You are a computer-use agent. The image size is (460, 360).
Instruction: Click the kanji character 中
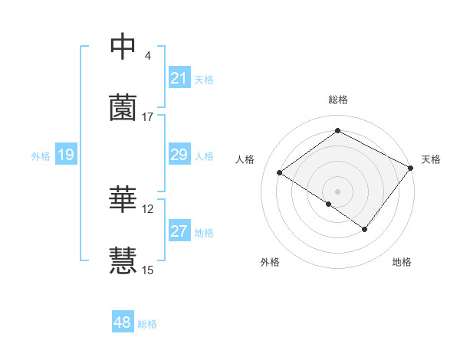(123, 47)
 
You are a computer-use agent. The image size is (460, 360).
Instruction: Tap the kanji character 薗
(123, 107)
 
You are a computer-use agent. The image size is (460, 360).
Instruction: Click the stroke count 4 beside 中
(148, 56)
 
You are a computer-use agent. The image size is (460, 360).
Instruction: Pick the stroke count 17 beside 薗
(148, 116)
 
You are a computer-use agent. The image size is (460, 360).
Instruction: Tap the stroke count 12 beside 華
(148, 208)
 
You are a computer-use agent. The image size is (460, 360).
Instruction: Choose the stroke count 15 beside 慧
(148, 270)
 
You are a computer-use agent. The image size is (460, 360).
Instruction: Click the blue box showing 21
(179, 77)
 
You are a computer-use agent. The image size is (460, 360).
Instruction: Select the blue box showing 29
(179, 155)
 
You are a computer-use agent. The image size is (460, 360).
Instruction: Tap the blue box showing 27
(179, 231)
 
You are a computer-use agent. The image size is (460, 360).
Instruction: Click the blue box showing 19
(65, 155)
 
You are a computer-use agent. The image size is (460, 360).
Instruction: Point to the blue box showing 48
(123, 322)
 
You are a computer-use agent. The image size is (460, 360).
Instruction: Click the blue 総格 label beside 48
(147, 324)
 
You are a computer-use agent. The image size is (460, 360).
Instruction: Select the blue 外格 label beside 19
(41, 156)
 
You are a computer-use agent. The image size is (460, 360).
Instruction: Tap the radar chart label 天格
(431, 159)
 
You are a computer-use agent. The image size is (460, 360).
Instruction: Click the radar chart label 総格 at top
(338, 100)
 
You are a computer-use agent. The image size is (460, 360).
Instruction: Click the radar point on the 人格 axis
(280, 173)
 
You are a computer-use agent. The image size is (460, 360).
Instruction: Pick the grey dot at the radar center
(338, 190)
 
